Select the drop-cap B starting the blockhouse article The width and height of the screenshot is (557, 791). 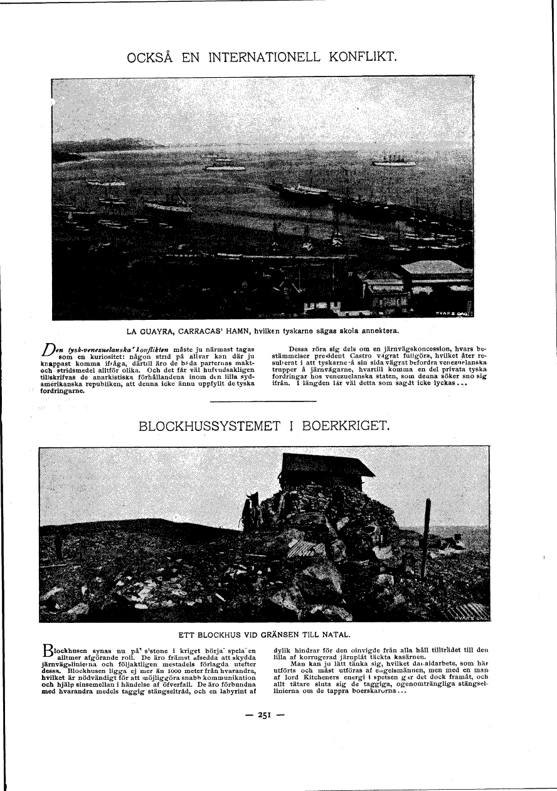click(x=46, y=650)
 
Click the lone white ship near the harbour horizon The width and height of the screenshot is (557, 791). click(x=393, y=162)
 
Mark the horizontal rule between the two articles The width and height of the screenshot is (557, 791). click(x=263, y=401)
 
